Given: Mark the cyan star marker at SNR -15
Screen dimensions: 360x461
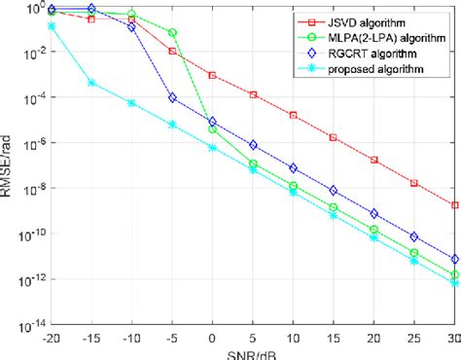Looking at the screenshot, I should [x=91, y=83].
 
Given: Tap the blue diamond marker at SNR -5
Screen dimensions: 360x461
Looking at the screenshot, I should [x=172, y=97].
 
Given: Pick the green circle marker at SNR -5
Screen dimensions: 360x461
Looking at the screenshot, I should [x=172, y=33].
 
